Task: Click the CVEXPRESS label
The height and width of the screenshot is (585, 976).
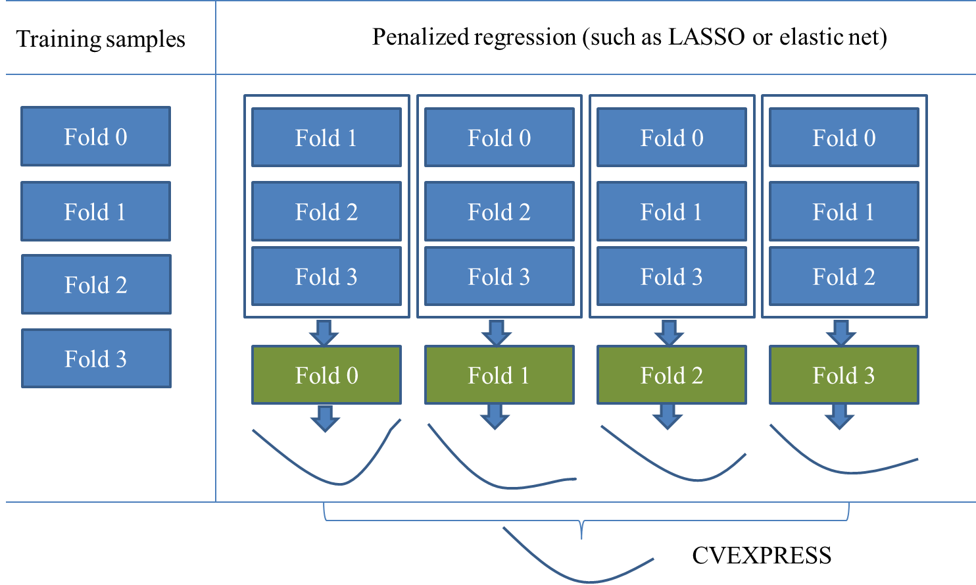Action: [761, 556]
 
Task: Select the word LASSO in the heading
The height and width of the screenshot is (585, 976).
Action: [706, 37]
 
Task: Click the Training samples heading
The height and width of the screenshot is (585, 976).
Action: [101, 39]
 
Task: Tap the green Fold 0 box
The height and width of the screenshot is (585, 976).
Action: [326, 375]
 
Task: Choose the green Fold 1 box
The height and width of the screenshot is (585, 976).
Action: [499, 375]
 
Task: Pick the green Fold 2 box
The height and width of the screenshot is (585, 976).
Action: [671, 375]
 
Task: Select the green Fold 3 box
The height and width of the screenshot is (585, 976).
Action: [844, 375]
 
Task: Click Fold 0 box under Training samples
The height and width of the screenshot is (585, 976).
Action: [95, 137]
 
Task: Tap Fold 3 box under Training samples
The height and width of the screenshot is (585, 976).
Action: [96, 359]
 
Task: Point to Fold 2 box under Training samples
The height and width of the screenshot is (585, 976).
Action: [96, 285]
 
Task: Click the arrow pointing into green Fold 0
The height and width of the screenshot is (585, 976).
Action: [324, 332]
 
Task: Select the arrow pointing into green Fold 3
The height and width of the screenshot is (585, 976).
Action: [841, 332]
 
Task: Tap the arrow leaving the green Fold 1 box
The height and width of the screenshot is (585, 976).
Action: [495, 417]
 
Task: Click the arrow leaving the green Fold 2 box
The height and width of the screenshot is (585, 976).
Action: [668, 417]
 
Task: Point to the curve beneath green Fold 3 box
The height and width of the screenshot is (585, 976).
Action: [848, 471]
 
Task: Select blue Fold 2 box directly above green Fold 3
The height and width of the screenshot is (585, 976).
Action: [844, 277]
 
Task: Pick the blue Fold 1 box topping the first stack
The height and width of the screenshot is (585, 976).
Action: [326, 138]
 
